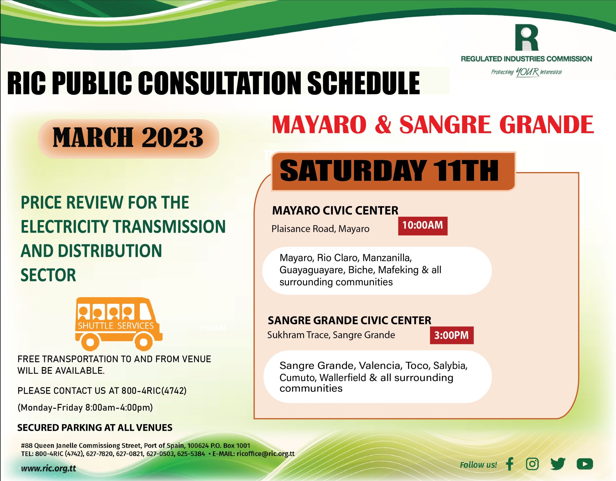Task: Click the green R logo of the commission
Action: (x=526, y=38)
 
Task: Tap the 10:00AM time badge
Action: (x=423, y=226)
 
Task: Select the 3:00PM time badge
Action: (x=452, y=335)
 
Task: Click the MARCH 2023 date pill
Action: (x=128, y=138)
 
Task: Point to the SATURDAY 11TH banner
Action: (x=393, y=171)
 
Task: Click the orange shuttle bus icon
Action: (x=118, y=324)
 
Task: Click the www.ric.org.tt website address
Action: (x=49, y=468)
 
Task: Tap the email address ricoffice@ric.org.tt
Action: (x=265, y=454)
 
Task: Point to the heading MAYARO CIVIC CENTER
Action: (x=335, y=211)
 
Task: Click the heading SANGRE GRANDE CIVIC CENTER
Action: (x=349, y=320)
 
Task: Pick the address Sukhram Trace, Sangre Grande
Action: (x=331, y=335)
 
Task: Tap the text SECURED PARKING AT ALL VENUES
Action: (x=95, y=428)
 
